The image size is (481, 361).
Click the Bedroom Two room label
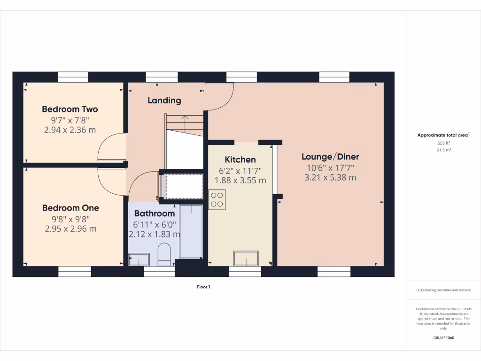pyautogui.click(x=70, y=109)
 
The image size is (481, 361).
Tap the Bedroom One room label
pyautogui.click(x=70, y=208)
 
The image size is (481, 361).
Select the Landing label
pyautogui.click(x=164, y=100)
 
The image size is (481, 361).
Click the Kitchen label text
pyautogui.click(x=240, y=159)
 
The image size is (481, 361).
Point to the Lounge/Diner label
pyautogui.click(x=330, y=157)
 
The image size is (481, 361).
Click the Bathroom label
pyautogui.click(x=154, y=213)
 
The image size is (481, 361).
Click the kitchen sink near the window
pyautogui.click(x=246, y=258)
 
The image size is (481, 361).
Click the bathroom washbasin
pyautogui.click(x=139, y=259)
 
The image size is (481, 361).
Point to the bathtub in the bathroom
pyautogui.click(x=191, y=231)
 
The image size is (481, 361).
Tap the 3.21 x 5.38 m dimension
pyautogui.click(x=330, y=178)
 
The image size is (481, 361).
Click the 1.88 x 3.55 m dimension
pyautogui.click(x=240, y=180)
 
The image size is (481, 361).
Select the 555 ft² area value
pyautogui.click(x=443, y=143)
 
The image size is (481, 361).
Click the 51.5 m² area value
pyautogui.click(x=443, y=150)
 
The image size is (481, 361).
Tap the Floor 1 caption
pyautogui.click(x=203, y=287)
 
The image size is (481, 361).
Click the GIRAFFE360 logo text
pyautogui.click(x=443, y=338)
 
